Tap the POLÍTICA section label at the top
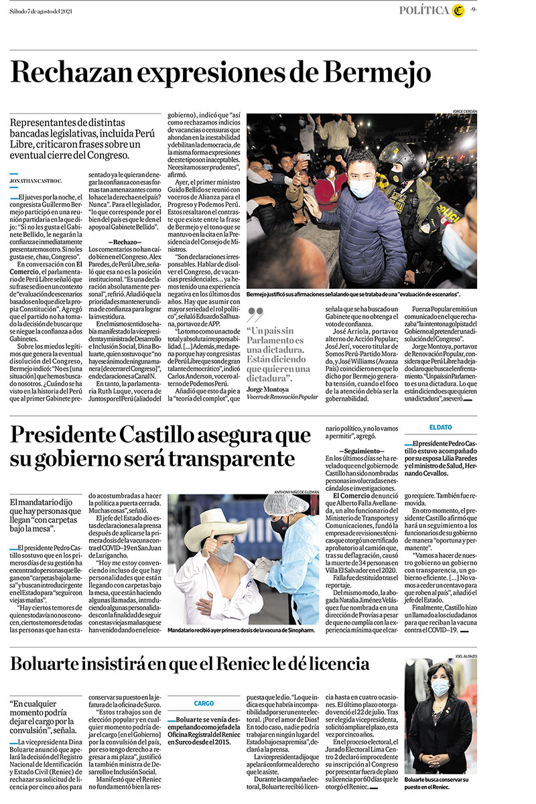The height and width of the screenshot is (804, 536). pos(424,9)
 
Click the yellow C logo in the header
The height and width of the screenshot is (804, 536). pos(458,9)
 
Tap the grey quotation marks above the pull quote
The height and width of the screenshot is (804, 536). pos(255,314)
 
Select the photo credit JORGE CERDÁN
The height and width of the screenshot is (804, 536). pos(464,111)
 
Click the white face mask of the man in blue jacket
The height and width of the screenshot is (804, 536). pos(361,188)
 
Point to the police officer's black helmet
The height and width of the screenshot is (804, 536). pos(404,158)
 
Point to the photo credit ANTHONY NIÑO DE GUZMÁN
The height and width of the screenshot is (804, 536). pos(292,492)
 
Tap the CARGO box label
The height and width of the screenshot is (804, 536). pos(204,703)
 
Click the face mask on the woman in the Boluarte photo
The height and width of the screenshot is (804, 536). pos(440,688)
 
